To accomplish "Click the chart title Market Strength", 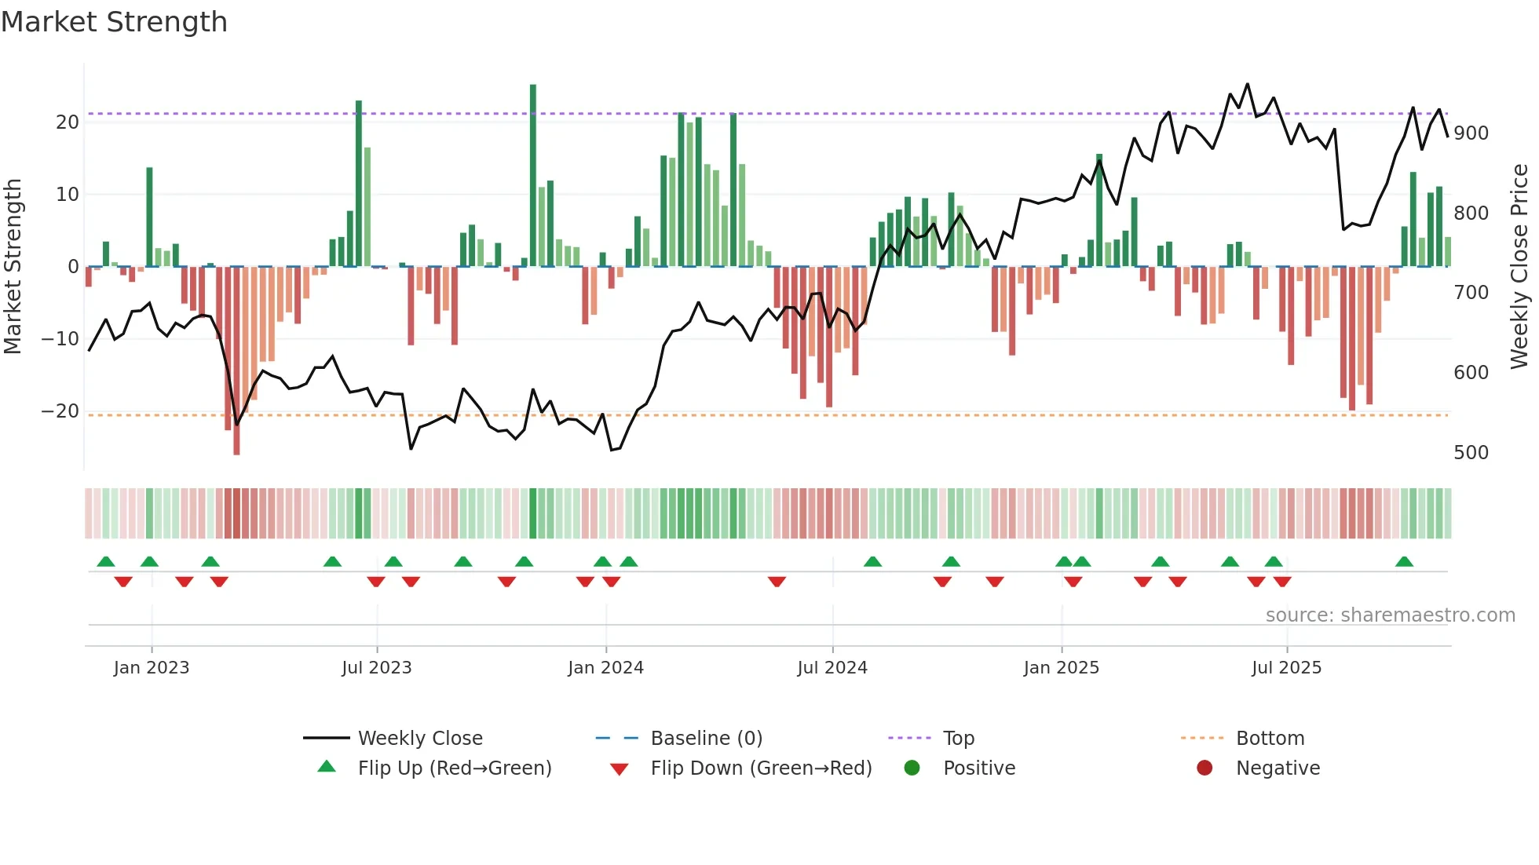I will coord(114,22).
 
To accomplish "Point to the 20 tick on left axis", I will coord(68,122).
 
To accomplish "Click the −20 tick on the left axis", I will coord(61,411).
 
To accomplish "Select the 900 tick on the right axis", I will coord(1471,133).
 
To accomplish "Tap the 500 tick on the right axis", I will coord(1471,453).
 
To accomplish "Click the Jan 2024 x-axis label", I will coord(605,668).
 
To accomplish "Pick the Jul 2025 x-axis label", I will coord(1286,668).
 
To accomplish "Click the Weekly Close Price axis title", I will coord(1519,267).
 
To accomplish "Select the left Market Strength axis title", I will coord(13,267).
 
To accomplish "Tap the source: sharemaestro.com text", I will coord(1390,615).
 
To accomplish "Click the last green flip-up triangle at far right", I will coord(1404,561).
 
